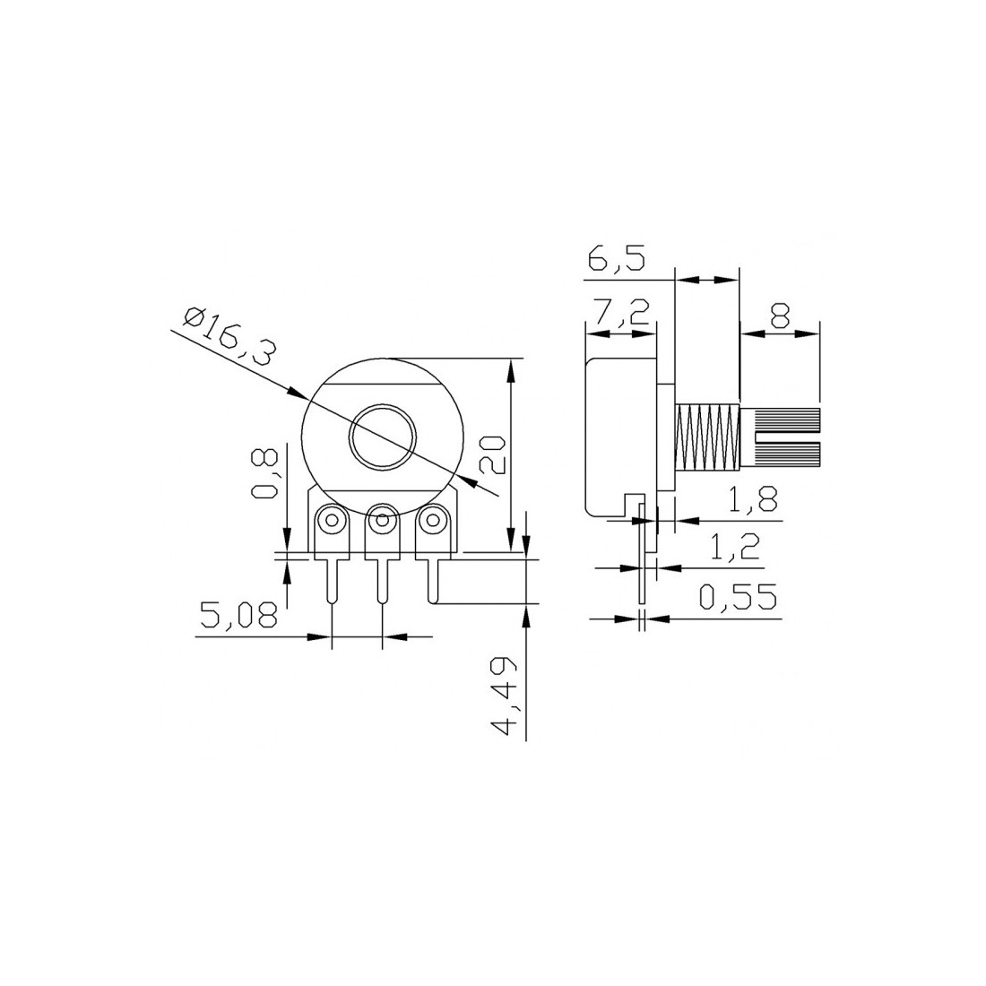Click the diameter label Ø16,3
click(229, 336)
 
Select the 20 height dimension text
click(493, 454)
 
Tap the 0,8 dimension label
click(264, 473)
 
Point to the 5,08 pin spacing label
click(238, 615)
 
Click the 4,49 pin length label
click(504, 696)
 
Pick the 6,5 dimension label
click(617, 258)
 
